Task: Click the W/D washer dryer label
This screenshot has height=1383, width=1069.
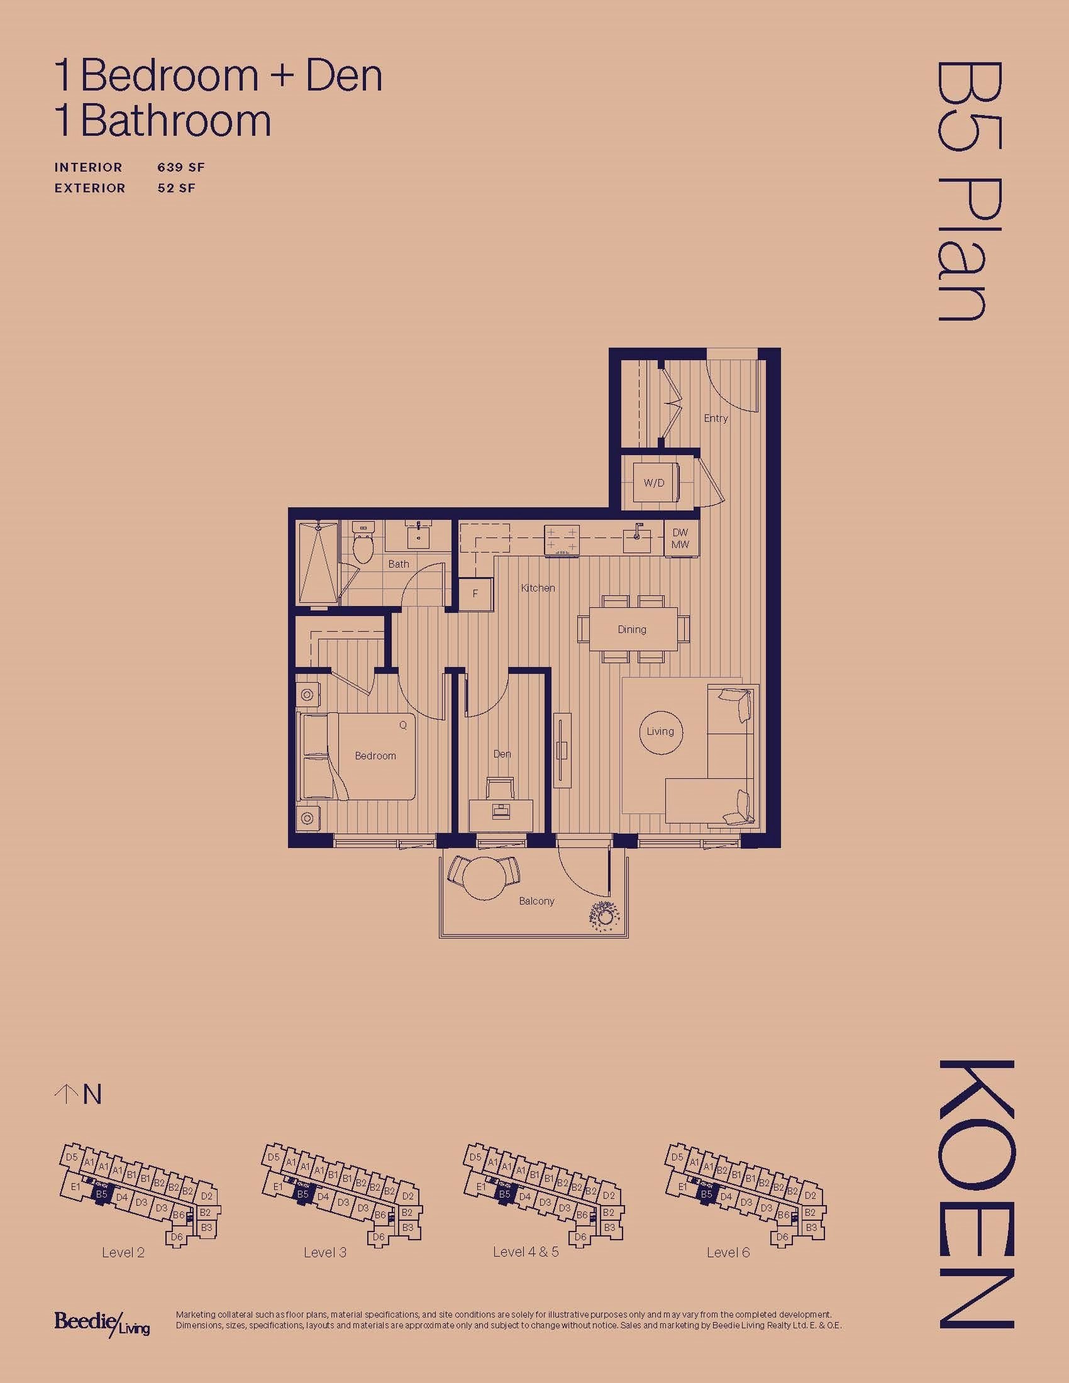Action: coord(654,483)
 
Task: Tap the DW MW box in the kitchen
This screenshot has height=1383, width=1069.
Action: coord(681,539)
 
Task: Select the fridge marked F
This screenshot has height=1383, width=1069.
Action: coord(475,594)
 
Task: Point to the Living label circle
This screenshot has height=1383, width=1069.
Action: coord(660,731)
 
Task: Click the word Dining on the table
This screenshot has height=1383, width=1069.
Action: coord(632,629)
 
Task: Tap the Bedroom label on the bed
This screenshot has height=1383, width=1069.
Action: coord(375,756)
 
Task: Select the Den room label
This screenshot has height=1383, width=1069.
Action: coord(502,754)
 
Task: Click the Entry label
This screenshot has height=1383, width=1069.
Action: coord(716,418)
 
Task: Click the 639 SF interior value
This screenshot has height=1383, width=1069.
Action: coord(181,167)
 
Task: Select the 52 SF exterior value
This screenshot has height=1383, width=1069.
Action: coord(177,188)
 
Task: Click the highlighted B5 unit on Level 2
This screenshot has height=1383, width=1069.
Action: coord(102,1194)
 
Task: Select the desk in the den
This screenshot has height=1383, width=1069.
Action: coord(501,812)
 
